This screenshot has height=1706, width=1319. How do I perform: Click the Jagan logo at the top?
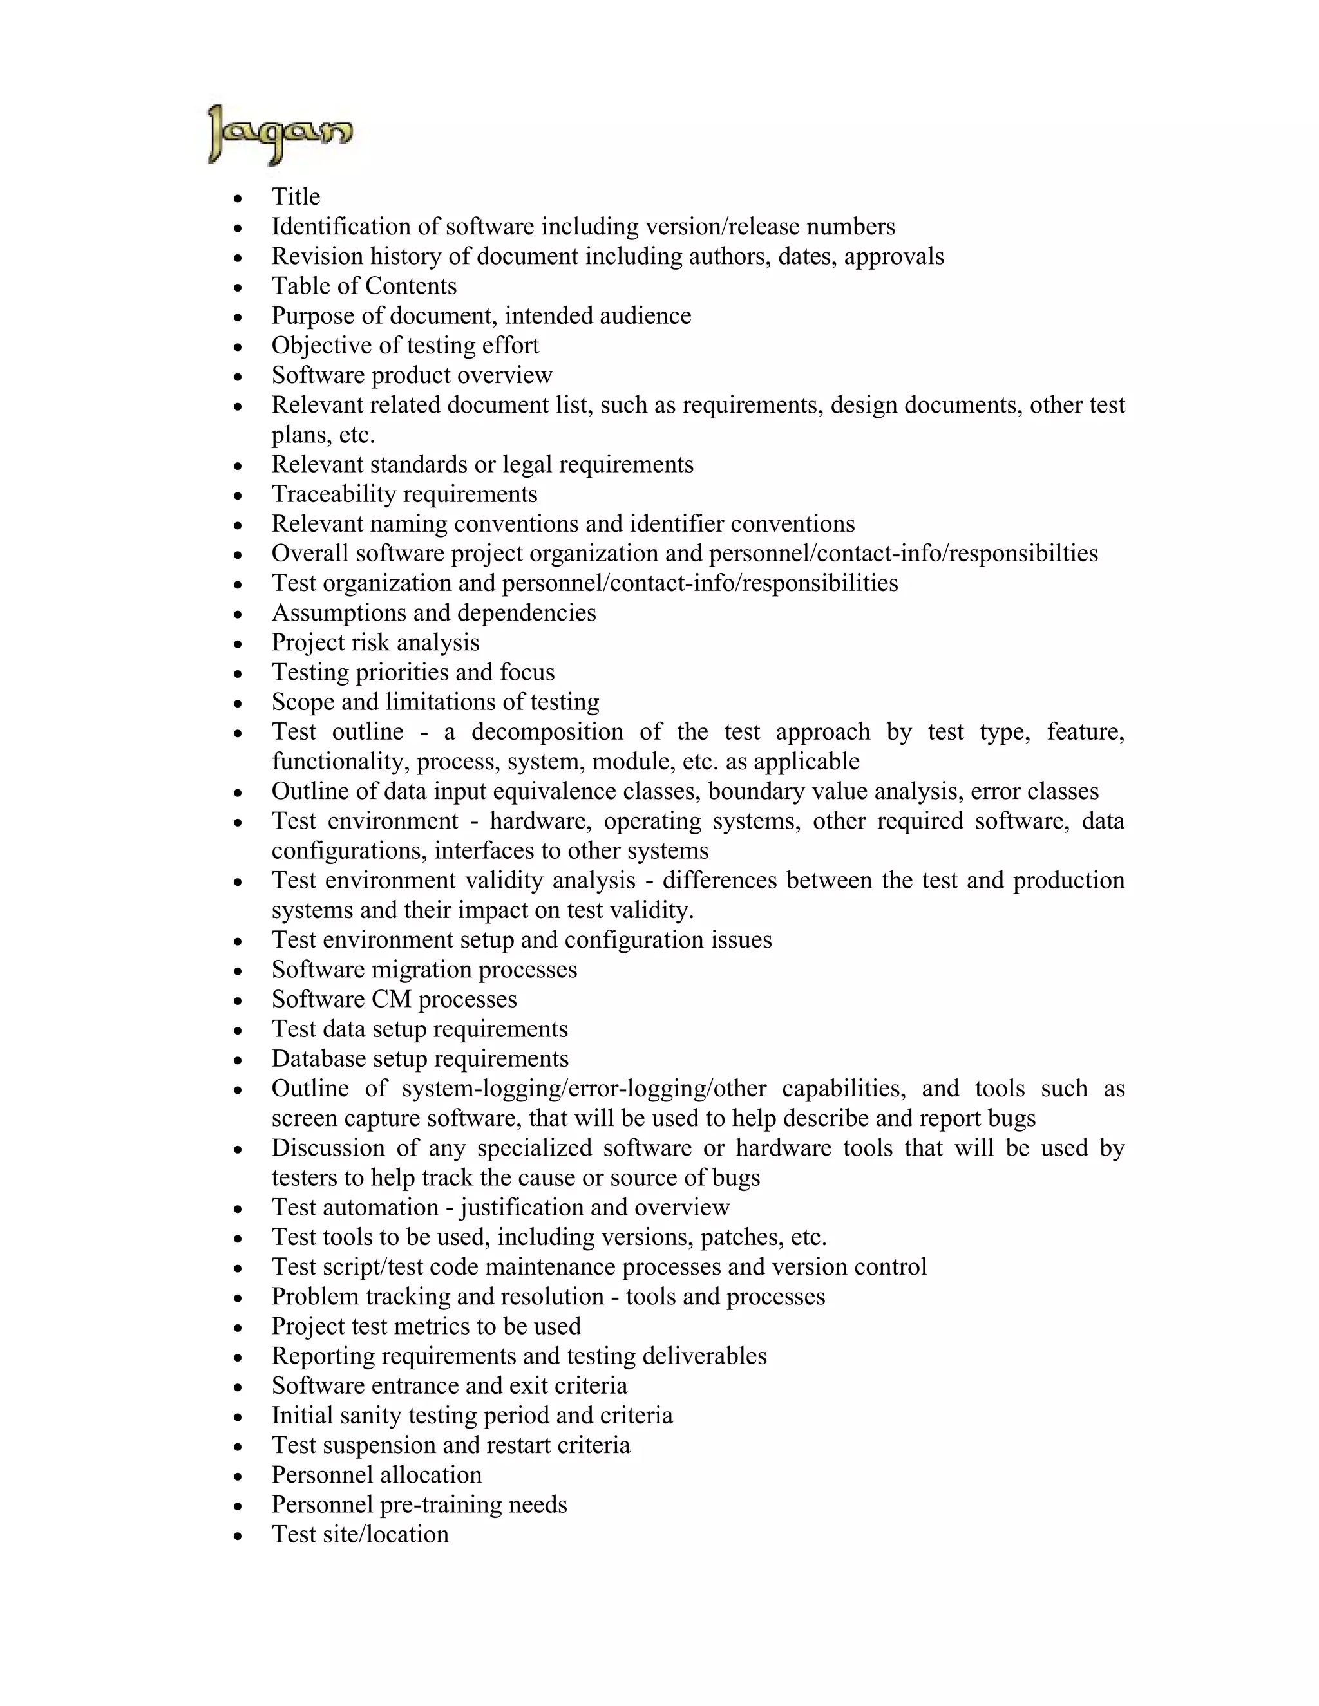click(x=280, y=135)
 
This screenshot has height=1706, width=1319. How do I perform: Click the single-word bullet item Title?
click(x=296, y=196)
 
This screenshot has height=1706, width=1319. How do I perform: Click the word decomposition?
click(x=547, y=732)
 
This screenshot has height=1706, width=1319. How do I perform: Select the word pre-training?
click(x=441, y=1504)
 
